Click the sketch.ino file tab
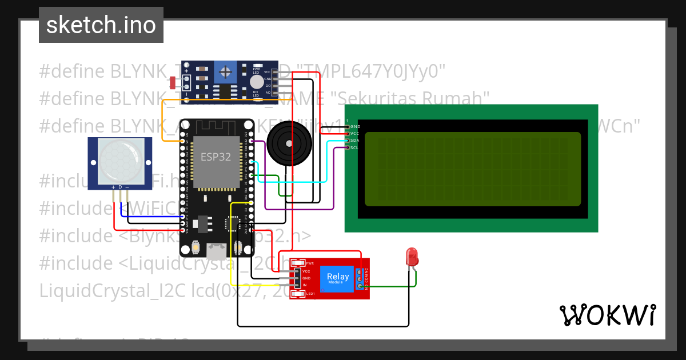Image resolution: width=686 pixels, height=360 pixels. [101, 25]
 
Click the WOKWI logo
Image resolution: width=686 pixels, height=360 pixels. [607, 315]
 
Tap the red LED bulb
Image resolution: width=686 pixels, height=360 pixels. [412, 257]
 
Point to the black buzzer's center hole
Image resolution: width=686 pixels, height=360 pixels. [289, 143]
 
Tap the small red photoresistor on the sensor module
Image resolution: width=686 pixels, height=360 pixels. [173, 82]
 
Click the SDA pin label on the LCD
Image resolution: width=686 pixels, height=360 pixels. [354, 141]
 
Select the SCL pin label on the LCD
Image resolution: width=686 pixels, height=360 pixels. [354, 147]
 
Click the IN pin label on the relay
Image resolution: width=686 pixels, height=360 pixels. [305, 285]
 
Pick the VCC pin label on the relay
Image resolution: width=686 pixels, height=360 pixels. [306, 271]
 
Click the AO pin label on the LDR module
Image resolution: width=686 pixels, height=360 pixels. [268, 92]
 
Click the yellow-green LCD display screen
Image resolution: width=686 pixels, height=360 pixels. [472, 169]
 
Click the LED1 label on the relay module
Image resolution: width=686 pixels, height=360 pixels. [310, 294]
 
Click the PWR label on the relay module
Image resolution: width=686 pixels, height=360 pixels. [310, 263]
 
